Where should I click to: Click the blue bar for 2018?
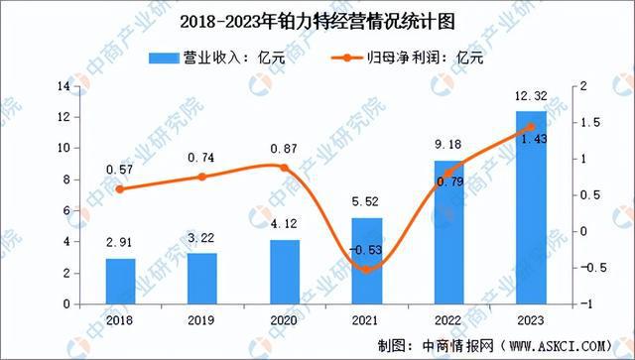121,282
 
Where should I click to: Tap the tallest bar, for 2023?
531,207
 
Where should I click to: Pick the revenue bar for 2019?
202,279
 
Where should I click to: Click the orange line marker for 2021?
367,269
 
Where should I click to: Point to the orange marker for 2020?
285,168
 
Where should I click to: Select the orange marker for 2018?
121,189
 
